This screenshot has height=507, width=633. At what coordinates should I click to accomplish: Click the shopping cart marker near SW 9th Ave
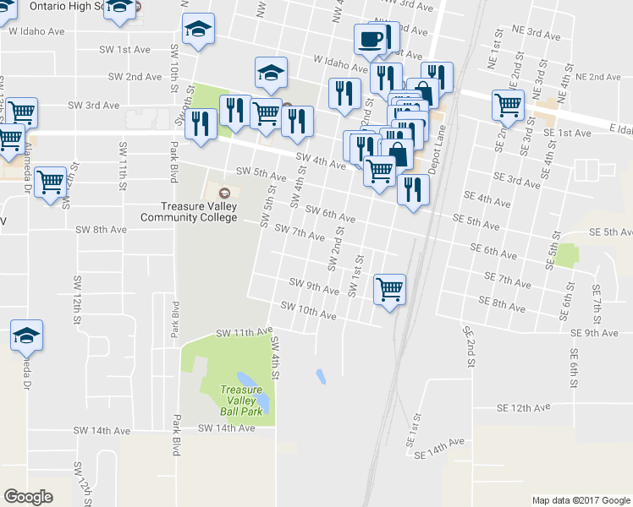[388, 290]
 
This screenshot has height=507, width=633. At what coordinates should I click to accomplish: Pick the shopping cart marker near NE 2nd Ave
[508, 105]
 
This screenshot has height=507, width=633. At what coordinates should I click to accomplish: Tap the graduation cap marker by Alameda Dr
[26, 335]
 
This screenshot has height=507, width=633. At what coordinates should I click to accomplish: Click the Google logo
[28, 497]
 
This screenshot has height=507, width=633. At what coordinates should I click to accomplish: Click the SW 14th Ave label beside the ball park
[226, 428]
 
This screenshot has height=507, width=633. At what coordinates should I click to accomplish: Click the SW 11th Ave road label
[245, 333]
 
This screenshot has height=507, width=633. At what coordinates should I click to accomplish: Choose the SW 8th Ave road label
[101, 229]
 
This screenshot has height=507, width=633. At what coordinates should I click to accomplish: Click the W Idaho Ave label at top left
[36, 31]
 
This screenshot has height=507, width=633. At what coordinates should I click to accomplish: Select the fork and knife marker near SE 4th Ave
[413, 189]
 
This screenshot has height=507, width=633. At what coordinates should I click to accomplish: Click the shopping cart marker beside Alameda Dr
[51, 181]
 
